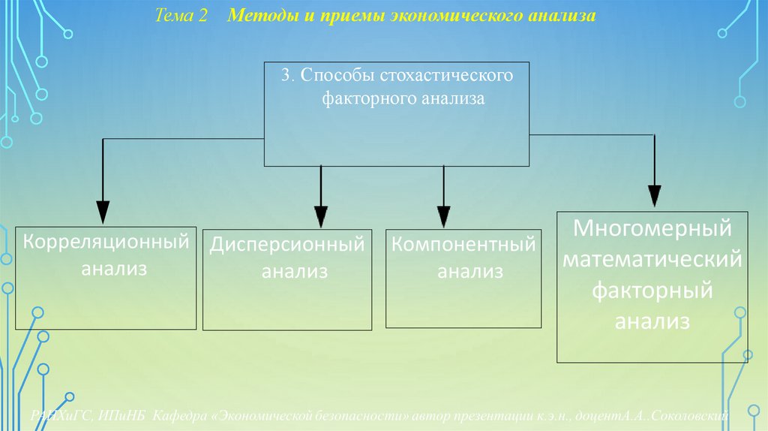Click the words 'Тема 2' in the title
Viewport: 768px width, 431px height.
pos(181,17)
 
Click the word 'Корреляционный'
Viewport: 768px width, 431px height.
pos(105,243)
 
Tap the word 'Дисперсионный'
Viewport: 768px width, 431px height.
pos(287,246)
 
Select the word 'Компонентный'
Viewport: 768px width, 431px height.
pos(464,246)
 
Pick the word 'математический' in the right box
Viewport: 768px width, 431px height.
pos(652,260)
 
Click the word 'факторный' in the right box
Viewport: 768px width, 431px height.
pos(652,291)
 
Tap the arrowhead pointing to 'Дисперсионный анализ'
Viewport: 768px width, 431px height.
pos(321,215)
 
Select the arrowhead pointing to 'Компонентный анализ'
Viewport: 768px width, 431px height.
pos(444,215)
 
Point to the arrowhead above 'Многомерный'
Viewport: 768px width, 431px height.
pos(655,196)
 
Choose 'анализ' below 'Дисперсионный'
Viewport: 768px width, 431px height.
pos(295,271)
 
